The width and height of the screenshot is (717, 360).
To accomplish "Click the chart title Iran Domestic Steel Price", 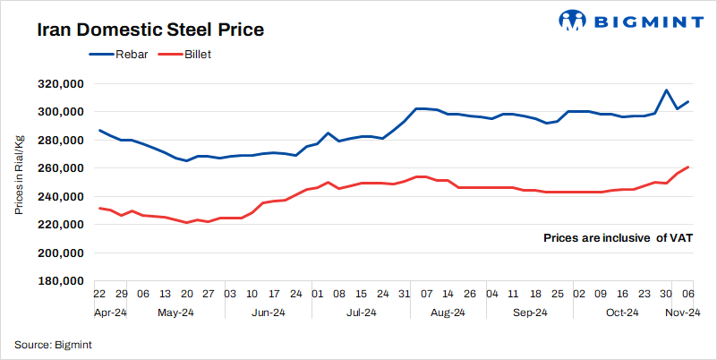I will coord(149,30).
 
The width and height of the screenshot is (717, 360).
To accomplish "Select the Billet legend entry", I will coord(184,56).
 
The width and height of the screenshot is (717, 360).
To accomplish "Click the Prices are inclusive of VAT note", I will coord(618,238).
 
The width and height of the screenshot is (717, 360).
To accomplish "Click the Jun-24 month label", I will coord(267,313).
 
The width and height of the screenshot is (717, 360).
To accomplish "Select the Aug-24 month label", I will coord(447,313).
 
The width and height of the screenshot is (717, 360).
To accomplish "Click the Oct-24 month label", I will coord(622,313).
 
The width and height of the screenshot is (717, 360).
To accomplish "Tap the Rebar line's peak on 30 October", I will coord(666,90).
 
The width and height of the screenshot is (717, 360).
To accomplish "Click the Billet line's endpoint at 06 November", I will coord(687,167).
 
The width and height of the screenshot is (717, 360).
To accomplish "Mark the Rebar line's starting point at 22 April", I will coord(98,130).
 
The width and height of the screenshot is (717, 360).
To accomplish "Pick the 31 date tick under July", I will coord(404,293).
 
